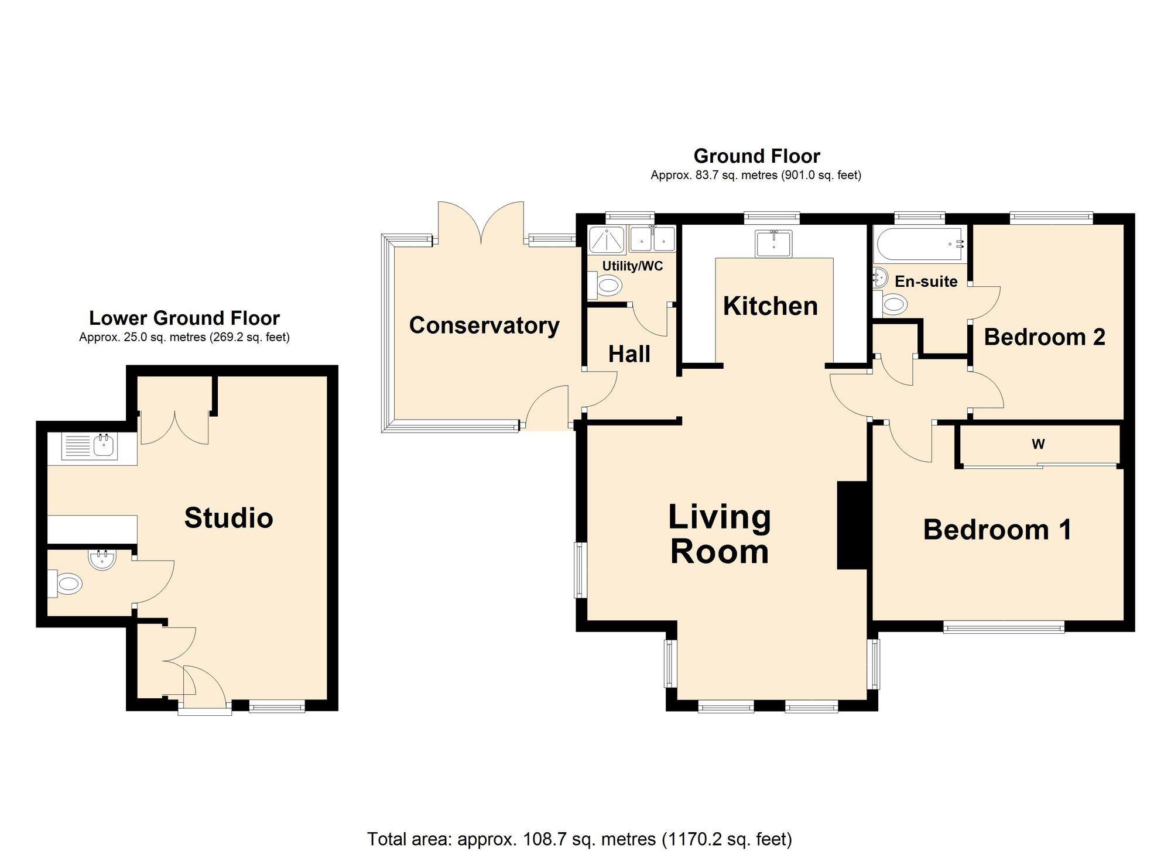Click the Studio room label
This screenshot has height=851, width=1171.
click(x=229, y=518)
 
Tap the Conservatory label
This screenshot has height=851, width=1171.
click(x=484, y=325)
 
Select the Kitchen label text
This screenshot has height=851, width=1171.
click(x=771, y=306)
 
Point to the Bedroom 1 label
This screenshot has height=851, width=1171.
click(x=998, y=530)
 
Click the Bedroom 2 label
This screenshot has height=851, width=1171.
click(x=1045, y=337)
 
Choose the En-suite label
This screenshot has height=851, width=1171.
click(x=926, y=282)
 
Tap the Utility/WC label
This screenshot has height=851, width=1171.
click(x=632, y=266)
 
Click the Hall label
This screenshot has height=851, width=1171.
click(x=629, y=354)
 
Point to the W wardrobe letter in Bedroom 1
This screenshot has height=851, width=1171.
click(x=1038, y=444)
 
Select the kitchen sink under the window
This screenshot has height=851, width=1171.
click(x=773, y=243)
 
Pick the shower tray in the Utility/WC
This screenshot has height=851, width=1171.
click(x=607, y=239)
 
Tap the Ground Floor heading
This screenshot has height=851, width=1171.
click(x=756, y=156)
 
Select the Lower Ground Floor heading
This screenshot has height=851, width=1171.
click(x=184, y=318)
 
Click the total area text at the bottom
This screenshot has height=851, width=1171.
click(x=580, y=839)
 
